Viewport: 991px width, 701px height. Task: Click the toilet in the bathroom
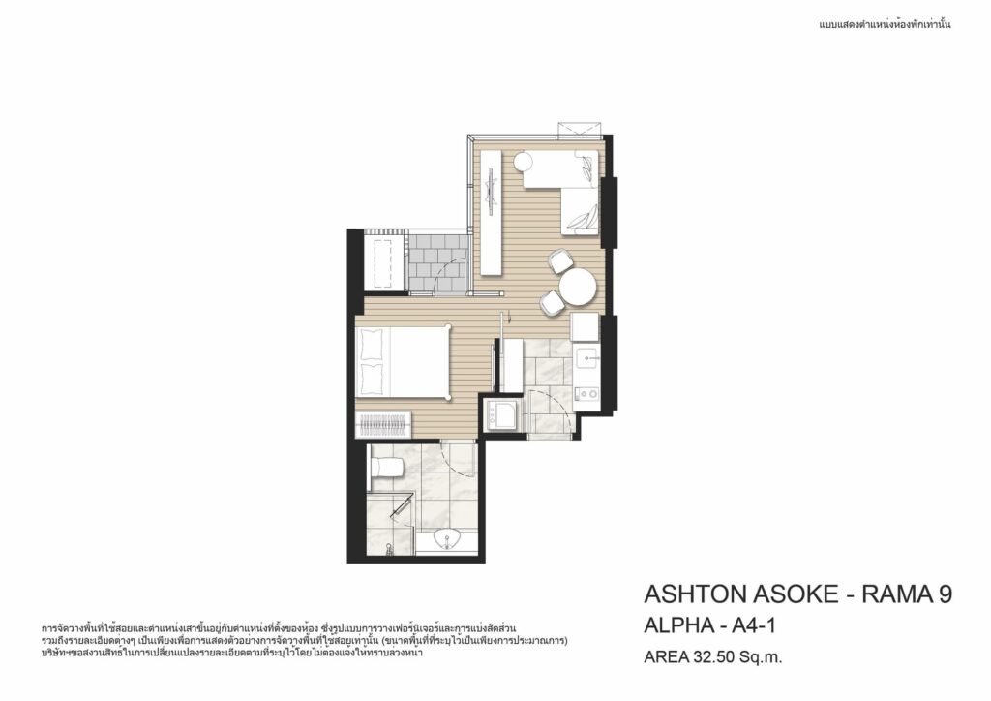pyautogui.click(x=386, y=468)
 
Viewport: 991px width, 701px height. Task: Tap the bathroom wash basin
pyautogui.click(x=448, y=540)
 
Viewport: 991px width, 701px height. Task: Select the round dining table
pyautogui.click(x=577, y=287)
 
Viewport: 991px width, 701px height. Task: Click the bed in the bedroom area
pyautogui.click(x=403, y=361)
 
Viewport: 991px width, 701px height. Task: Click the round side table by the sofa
pyautogui.click(x=524, y=163)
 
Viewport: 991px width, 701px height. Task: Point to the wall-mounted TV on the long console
pyautogui.click(x=491, y=190)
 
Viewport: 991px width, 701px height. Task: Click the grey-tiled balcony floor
pyautogui.click(x=437, y=263)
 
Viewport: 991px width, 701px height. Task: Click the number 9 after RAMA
pyautogui.click(x=945, y=594)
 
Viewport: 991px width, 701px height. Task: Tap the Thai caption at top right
pyautogui.click(x=885, y=25)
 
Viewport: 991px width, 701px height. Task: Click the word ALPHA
pyautogui.click(x=676, y=625)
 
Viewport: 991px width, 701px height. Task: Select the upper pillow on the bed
pyautogui.click(x=371, y=345)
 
